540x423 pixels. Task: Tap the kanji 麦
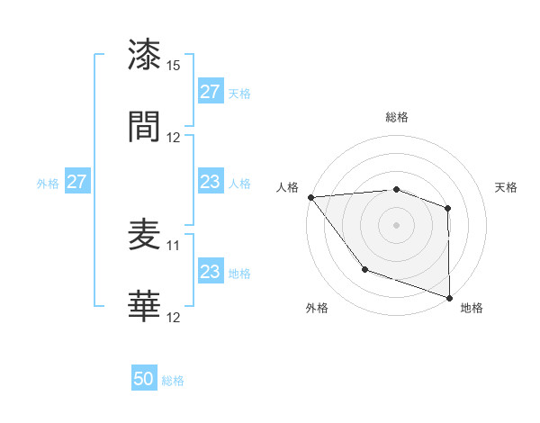pos(145,236)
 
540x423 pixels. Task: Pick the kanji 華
pos(145,307)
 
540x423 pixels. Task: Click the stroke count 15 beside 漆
pos(174,66)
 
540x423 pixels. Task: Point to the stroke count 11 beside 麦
pos(174,245)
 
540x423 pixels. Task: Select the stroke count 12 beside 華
pos(174,318)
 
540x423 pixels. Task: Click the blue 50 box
pos(144,380)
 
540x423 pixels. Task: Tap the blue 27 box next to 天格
pos(210,92)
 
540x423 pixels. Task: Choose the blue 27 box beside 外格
pos(76,182)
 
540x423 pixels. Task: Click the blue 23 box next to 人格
pos(210,182)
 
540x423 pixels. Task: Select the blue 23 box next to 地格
pos(210,272)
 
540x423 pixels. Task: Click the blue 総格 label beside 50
pos(173,381)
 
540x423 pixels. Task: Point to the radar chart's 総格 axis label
pos(396,117)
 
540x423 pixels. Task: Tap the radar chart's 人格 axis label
pos(286,187)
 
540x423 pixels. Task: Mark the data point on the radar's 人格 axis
pos(310,197)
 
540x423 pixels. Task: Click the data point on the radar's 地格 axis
pos(449,297)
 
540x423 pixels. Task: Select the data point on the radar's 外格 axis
pos(364,268)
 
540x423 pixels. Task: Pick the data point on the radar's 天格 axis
pos(447,208)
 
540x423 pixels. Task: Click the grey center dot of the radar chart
pos(396,224)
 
